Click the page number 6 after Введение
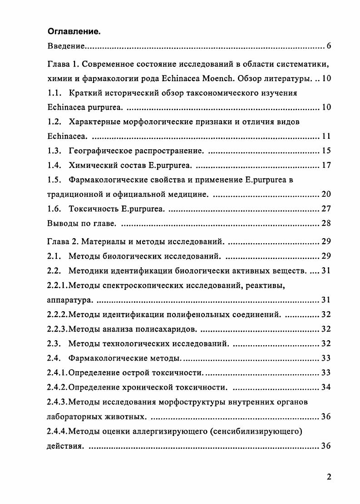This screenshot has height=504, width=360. (x=329, y=46)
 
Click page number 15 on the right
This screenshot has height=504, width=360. (x=326, y=151)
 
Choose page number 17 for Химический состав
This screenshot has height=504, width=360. (x=326, y=165)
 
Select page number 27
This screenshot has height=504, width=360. (x=326, y=209)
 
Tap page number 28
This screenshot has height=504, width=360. (x=326, y=223)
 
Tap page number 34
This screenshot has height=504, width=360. (x=326, y=387)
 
